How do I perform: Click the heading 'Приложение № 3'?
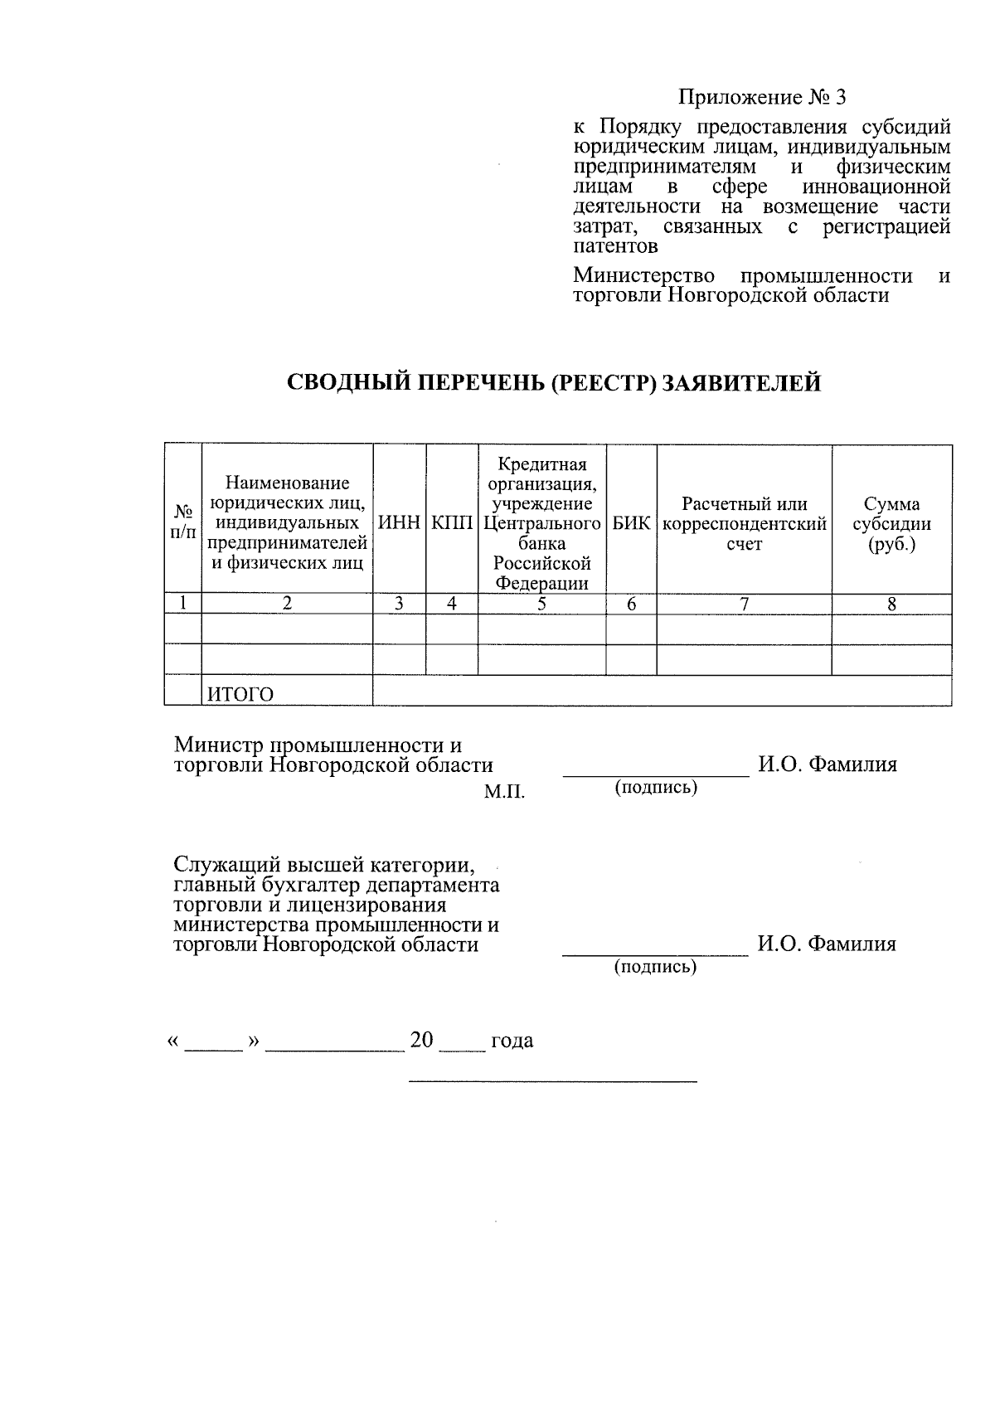762,98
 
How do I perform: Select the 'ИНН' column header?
399,524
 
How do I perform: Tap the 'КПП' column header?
451,524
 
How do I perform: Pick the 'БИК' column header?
631,524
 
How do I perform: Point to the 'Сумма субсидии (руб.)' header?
891,524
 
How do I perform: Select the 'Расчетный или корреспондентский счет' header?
744,524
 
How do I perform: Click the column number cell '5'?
541,604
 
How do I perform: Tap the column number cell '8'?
891,604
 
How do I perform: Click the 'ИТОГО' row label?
240,694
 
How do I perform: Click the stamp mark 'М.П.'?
504,793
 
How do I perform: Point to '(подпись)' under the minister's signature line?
655,787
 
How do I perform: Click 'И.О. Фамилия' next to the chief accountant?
826,944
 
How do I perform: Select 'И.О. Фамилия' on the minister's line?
827,765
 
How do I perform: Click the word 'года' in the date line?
512,1041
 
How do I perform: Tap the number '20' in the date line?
421,1041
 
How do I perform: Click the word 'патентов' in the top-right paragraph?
615,246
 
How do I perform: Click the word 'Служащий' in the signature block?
217,867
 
